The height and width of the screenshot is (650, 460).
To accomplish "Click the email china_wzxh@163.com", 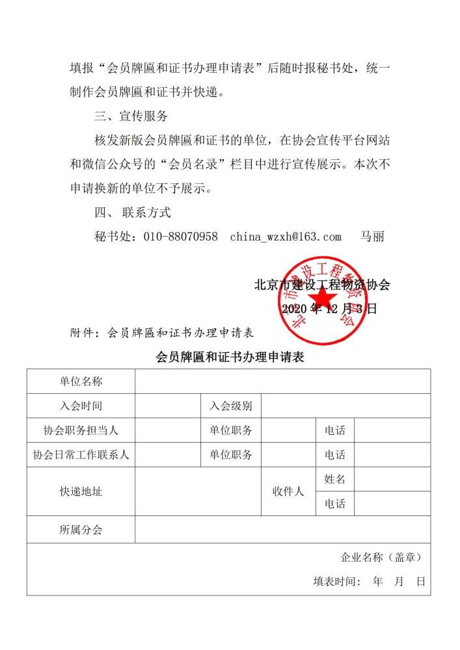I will click(286, 237).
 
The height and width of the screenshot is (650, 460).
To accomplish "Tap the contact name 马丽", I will click(373, 237).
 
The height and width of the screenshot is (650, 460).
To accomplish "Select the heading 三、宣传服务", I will click(131, 116).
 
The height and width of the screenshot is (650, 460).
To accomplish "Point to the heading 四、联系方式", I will click(133, 213).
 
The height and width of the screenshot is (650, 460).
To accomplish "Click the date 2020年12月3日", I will click(329, 309).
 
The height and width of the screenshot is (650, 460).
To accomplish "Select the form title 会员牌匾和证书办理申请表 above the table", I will click(230, 357).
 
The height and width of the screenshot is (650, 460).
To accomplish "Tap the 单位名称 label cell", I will click(81, 381).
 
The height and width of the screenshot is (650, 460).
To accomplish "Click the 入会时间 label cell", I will click(81, 406).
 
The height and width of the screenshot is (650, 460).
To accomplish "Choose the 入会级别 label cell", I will click(230, 406).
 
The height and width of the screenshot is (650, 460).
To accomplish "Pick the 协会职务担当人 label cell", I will click(81, 430).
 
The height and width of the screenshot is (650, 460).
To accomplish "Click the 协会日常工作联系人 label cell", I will click(81, 454).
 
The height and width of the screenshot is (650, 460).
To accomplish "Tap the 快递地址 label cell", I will click(81, 491).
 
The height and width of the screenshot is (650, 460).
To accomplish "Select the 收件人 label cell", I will click(288, 491).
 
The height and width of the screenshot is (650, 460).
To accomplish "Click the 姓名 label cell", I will click(335, 480).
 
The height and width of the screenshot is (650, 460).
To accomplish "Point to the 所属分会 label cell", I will click(81, 530).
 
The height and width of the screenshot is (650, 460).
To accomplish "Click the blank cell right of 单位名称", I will click(282, 381).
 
